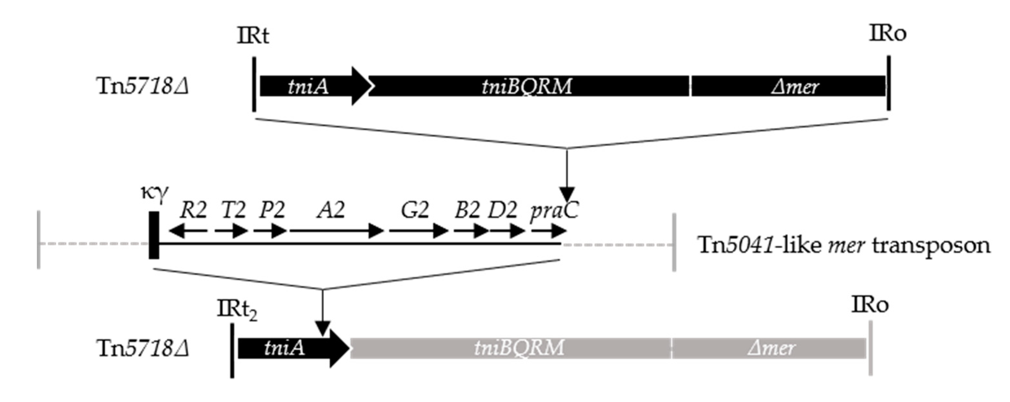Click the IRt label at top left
point(253,36)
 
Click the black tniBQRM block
point(527,86)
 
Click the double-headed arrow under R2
point(188,231)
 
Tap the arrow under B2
point(471,231)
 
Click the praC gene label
point(554,211)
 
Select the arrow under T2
point(231,231)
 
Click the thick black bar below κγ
point(154,235)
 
